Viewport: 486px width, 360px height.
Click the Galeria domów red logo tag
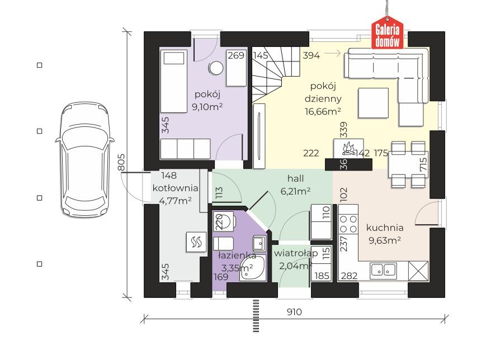click(388, 35)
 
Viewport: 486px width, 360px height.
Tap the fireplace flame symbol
click(348, 148)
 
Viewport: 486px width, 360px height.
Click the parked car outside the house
click(84, 159)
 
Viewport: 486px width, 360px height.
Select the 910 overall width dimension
click(294, 312)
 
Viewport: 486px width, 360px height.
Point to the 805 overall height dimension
click(121, 162)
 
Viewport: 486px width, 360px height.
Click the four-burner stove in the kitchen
click(348, 224)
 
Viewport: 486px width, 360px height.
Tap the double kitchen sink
click(384, 270)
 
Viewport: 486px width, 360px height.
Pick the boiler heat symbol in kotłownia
click(196, 242)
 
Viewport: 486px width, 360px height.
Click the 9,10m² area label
click(207, 107)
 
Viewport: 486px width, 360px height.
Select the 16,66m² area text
click(323, 111)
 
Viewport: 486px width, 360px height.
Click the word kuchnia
click(385, 228)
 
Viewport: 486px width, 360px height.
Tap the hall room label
click(295, 178)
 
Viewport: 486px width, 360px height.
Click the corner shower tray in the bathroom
click(253, 268)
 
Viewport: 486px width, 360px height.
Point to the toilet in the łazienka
click(224, 221)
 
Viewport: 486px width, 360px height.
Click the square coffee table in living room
click(373, 103)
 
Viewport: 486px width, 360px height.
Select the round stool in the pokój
click(216, 68)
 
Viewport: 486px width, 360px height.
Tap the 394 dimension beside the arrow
click(311, 55)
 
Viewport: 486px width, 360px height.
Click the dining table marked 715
click(408, 164)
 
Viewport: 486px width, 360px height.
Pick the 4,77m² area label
click(175, 201)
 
